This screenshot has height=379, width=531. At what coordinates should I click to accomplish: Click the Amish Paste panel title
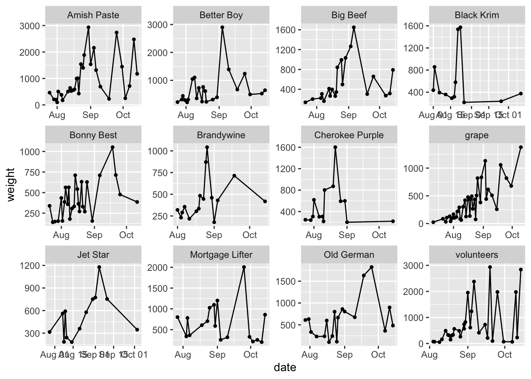93,15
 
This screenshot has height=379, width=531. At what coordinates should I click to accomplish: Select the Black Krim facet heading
476,15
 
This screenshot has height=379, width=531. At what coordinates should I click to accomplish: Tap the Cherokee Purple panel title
349,135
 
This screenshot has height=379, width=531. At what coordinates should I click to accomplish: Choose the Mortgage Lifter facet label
221,255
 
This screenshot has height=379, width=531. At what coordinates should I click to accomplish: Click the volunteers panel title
476,255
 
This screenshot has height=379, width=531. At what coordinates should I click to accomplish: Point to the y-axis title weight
11,184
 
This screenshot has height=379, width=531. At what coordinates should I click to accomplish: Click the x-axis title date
285,368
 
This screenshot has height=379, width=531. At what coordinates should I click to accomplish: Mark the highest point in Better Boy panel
222,28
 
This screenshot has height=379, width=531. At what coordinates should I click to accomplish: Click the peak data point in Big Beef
354,28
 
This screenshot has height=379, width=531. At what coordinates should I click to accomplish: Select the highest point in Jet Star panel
99,267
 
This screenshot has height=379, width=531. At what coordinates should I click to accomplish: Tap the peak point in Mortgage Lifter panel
244,267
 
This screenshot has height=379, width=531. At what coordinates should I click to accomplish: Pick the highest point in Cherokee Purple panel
335,147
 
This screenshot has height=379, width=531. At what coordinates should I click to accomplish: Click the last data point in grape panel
521,147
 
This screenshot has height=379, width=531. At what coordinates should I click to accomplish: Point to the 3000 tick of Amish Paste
32,26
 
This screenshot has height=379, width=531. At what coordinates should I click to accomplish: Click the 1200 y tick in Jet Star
32,266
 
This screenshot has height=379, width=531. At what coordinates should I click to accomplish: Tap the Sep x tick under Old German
345,355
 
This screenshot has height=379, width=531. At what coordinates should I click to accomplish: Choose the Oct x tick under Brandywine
250,235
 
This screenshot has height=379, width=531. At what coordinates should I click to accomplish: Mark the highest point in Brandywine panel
207,147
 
